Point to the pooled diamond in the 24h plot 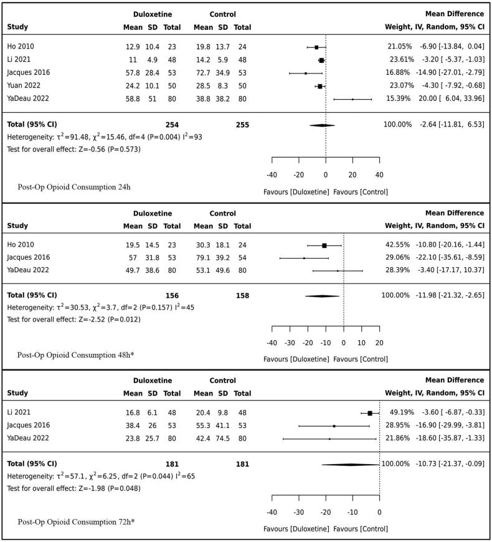pos(322,125)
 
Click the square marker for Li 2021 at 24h pos(321,60)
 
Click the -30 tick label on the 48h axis pos(290,343)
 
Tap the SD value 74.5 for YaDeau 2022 pos(223,439)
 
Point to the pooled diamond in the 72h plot pos(351,464)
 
